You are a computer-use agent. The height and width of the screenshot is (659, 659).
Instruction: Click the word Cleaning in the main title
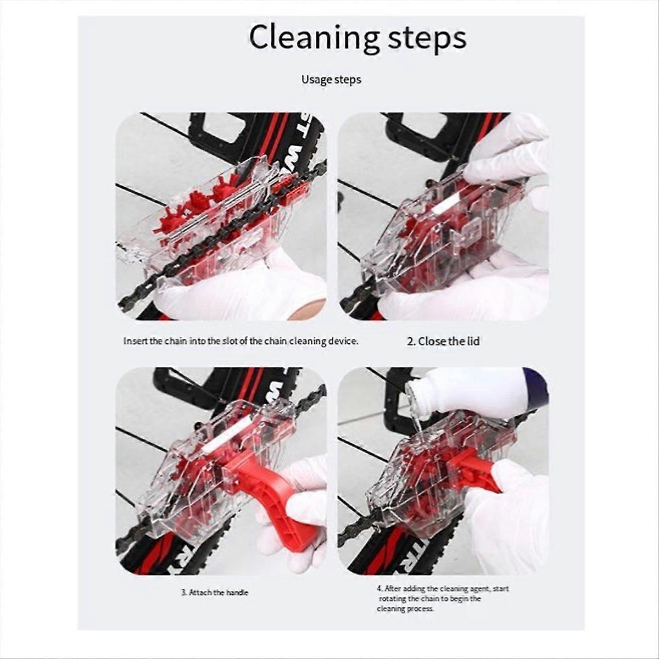coord(314,38)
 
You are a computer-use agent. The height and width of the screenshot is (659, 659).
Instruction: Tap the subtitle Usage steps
coord(331,80)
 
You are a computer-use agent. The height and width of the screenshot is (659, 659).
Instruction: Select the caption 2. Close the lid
coord(443,341)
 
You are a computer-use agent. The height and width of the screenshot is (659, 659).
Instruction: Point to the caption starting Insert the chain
coord(241,341)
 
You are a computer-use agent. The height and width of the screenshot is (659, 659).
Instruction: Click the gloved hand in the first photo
coord(236,291)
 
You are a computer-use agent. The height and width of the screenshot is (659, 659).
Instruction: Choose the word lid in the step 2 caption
coord(473,341)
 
